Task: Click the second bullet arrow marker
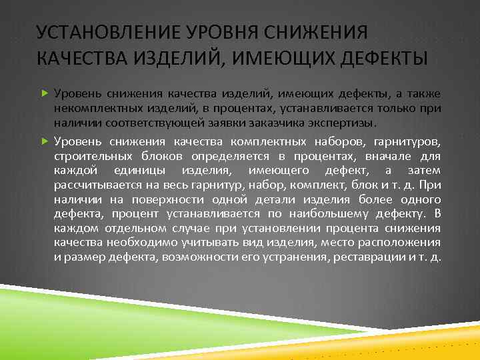click(x=45, y=141)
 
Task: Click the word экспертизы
click(x=343, y=123)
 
